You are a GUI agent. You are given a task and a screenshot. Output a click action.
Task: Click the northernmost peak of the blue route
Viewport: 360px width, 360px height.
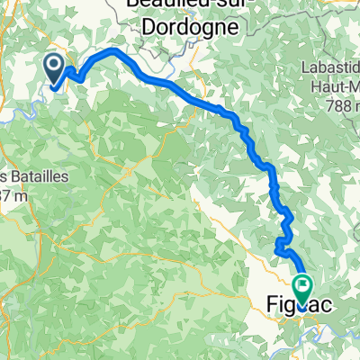pyautogui.click(x=113, y=52)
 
